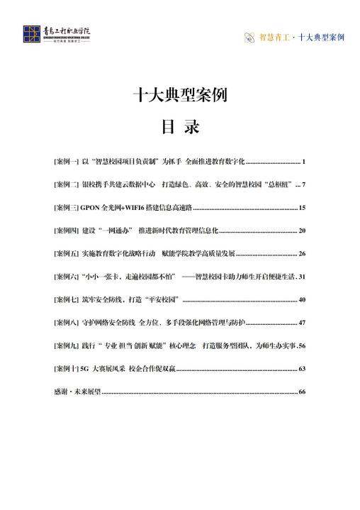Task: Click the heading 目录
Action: click(180, 127)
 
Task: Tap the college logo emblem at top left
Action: click(31, 34)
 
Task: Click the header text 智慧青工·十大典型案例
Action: click(298, 35)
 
